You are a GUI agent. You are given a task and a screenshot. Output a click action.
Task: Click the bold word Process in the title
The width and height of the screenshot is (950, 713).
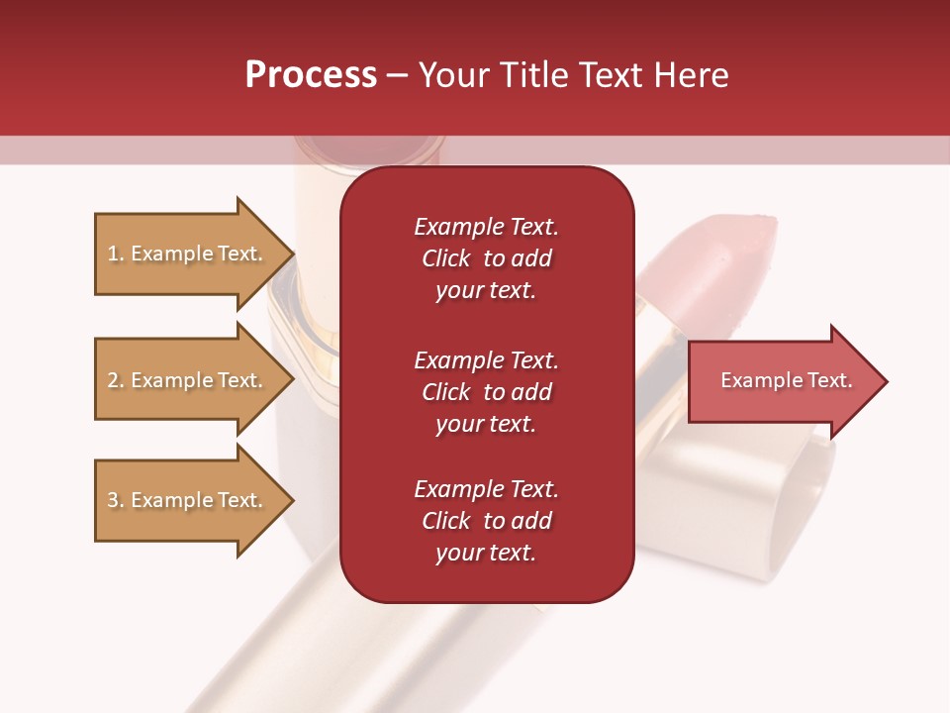311,75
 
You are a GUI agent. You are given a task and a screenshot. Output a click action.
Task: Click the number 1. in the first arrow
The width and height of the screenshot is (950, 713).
116,254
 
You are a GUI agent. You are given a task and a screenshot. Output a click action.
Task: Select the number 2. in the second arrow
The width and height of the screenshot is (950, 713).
116,380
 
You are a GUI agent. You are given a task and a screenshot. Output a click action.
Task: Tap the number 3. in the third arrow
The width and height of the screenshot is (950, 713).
116,500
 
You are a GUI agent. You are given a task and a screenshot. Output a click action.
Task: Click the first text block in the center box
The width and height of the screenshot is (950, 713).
486,258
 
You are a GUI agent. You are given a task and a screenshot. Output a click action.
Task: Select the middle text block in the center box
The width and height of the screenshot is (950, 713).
486,392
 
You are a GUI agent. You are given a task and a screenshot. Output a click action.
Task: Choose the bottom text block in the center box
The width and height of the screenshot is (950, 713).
486,521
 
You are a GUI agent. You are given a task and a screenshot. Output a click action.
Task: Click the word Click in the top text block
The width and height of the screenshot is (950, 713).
446,258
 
